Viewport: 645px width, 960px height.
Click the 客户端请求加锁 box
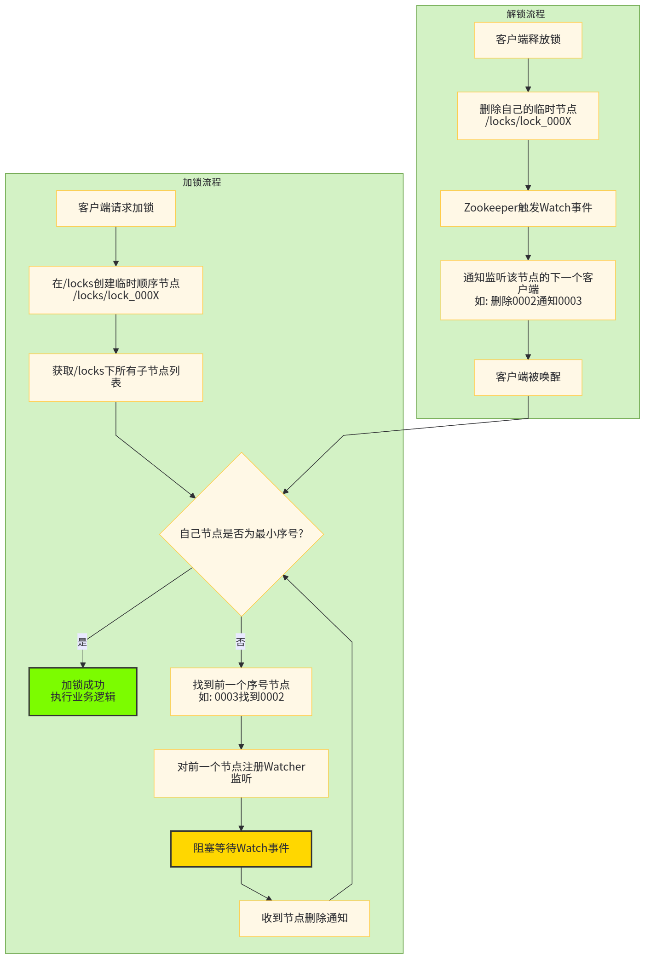[116, 208]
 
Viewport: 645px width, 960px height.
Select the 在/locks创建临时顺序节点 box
[116, 290]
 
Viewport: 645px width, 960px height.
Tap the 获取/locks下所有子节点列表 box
[116, 377]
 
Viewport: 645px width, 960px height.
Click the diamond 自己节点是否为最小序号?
[241, 534]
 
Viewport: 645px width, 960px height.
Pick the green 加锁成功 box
[83, 691]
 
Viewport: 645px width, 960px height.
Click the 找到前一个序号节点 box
[241, 691]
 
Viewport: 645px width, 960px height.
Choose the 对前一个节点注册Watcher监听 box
[241, 773]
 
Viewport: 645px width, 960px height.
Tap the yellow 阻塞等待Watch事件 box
[241, 848]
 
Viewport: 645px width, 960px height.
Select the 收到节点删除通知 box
[305, 918]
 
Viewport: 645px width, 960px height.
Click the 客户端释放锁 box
[528, 40]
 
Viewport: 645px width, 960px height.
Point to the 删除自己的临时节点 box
[528, 115]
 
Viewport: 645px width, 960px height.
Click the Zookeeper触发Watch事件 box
[528, 208]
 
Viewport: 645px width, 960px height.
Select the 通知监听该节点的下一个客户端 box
[528, 290]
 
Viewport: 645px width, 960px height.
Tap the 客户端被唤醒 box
[528, 377]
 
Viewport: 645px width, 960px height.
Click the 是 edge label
[82, 642]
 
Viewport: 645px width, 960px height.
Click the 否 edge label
[241, 642]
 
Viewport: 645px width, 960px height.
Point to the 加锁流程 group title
[202, 183]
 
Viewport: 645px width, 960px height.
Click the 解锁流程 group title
[526, 14]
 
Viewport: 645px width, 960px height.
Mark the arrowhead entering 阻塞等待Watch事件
[241, 828]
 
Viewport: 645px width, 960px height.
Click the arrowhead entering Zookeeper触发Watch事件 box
[528, 188]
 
